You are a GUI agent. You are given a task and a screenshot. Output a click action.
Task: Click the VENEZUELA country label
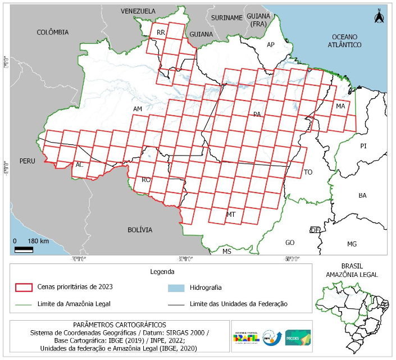(x=138, y=11)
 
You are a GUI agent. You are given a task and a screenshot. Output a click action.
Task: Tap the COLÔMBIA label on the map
(x=52, y=33)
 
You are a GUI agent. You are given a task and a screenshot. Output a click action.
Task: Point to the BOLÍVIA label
(x=139, y=230)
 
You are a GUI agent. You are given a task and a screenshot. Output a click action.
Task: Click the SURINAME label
(x=226, y=18)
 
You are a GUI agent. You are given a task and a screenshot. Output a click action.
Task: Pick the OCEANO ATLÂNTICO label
(x=345, y=40)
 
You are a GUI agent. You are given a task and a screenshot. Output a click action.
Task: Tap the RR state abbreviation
(x=161, y=33)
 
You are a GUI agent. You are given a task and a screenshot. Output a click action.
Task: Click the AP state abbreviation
(x=270, y=44)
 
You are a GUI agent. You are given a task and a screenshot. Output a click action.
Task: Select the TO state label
(x=308, y=172)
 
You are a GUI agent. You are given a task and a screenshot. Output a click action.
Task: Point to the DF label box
(x=315, y=230)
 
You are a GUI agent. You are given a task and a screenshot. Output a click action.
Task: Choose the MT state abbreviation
(x=230, y=215)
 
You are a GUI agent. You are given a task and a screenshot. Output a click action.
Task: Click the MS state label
(x=226, y=252)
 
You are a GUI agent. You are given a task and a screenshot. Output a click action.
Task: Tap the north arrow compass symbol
(x=379, y=16)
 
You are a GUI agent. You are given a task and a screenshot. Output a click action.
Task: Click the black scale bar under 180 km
(x=24, y=249)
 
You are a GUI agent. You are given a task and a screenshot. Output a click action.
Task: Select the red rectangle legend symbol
(x=23, y=287)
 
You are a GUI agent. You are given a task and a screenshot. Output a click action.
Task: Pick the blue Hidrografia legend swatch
(x=176, y=287)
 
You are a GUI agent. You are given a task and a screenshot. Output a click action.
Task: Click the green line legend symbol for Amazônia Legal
(x=23, y=304)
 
